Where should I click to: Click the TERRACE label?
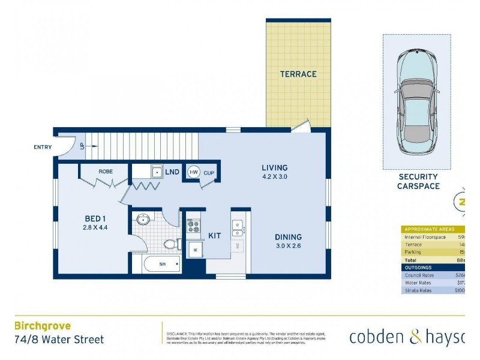tap(298, 74)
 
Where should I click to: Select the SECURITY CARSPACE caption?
tap(418, 182)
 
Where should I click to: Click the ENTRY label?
tap(43, 147)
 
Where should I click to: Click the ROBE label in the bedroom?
tap(106, 172)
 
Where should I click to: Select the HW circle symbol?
tap(193, 172)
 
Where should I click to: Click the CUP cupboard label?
tap(209, 173)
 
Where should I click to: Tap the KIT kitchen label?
tap(215, 236)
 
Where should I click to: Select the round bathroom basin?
tap(143, 219)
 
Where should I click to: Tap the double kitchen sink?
tap(238, 228)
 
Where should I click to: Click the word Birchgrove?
tap(42, 326)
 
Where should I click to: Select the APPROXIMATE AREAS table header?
tap(431, 229)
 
